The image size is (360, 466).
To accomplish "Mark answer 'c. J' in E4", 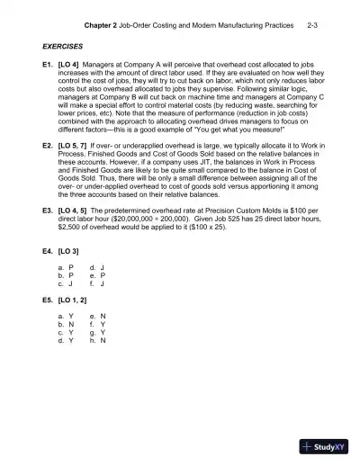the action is pyautogui.click(x=63, y=284).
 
